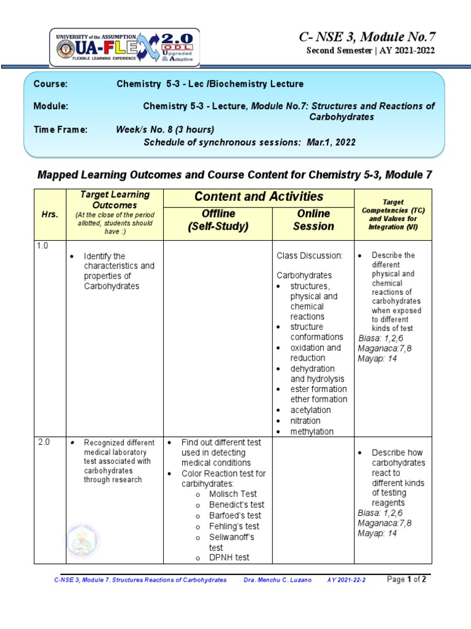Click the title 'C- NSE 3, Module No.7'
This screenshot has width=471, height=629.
[x=367, y=36]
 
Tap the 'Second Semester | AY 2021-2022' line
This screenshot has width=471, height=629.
[x=370, y=50]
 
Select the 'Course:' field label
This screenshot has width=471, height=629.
[x=50, y=84]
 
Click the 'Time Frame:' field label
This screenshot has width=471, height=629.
[x=60, y=130]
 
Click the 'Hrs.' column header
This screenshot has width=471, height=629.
[x=50, y=214]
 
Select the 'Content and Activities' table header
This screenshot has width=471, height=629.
[x=258, y=197]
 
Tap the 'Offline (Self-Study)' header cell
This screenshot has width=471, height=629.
[x=218, y=220]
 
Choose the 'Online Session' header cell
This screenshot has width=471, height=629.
[x=313, y=220]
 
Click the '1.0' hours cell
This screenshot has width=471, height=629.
[x=42, y=246]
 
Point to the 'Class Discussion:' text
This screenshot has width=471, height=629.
[x=309, y=255]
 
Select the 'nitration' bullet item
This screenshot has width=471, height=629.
[x=305, y=421]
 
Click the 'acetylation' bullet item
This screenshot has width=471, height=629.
[x=310, y=410]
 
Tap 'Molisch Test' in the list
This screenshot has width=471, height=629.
[x=232, y=494]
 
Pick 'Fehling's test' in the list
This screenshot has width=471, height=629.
[x=234, y=526]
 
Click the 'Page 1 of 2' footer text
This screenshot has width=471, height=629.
[x=407, y=580]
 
